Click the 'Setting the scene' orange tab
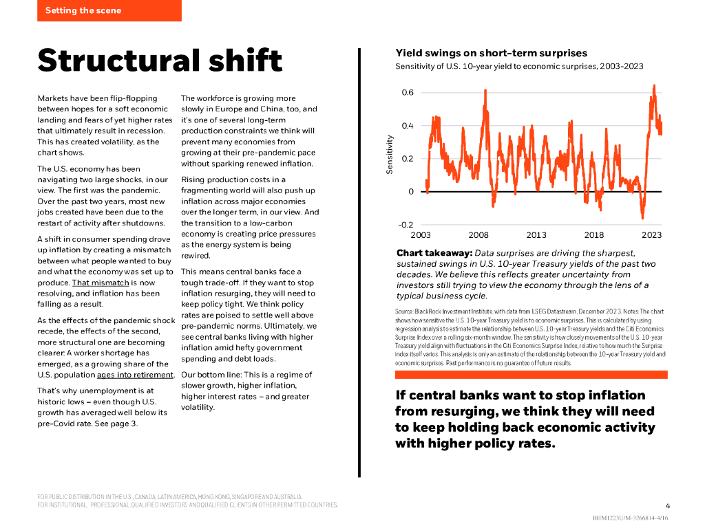[109, 10]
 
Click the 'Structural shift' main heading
[160, 60]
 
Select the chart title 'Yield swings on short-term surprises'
[491, 53]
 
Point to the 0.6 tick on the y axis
[408, 93]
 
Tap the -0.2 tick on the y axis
[406, 225]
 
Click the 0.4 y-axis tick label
[408, 126]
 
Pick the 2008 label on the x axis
[478, 235]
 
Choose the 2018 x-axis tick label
[594, 235]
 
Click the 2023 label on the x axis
[651, 235]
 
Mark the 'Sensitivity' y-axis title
[390, 154]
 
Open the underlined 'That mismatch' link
[101, 283]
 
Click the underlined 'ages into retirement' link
[135, 375]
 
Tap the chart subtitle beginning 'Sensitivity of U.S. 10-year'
[519, 67]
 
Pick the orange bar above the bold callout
[531, 375]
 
